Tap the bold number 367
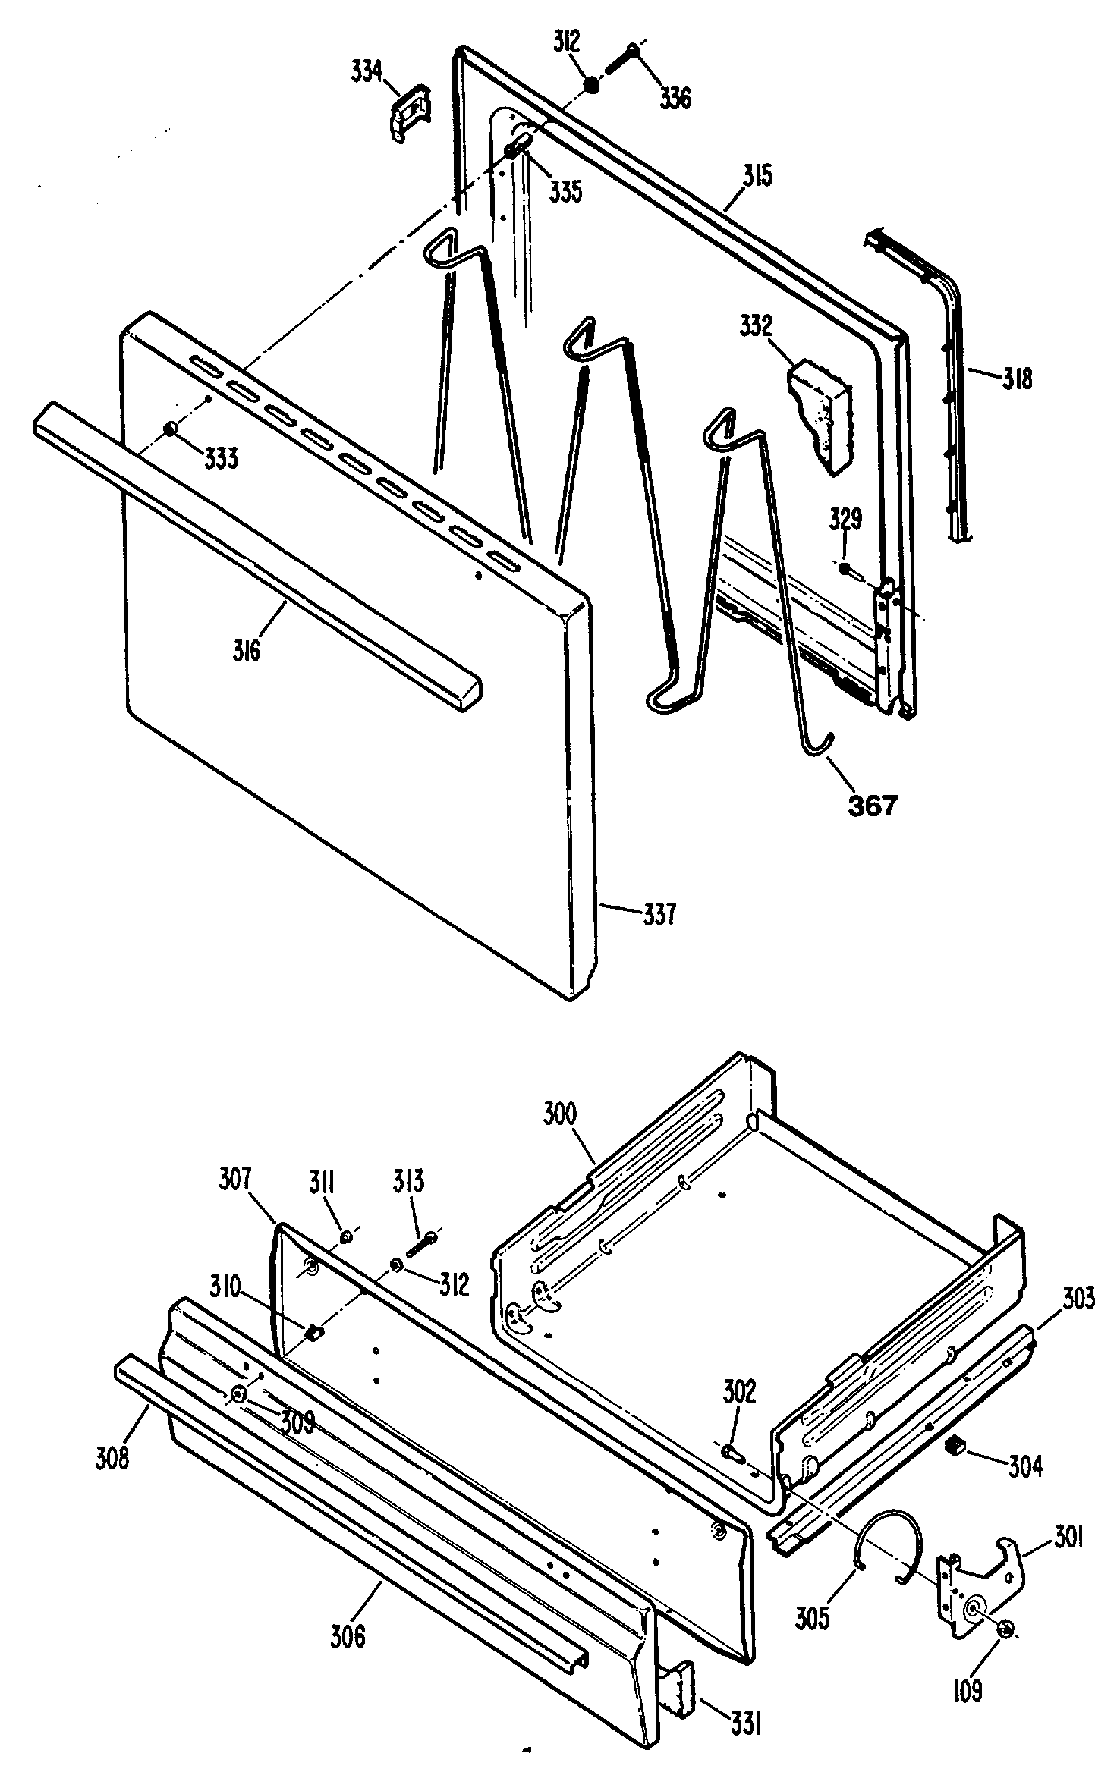tap(873, 805)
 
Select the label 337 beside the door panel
tap(659, 915)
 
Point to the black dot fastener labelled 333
tap(170, 429)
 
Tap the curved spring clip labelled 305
tap(888, 1541)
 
